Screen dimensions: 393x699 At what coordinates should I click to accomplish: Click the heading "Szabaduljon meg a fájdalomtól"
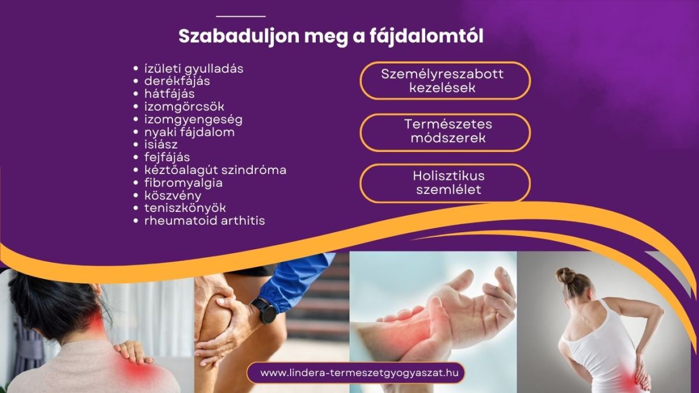tap(331, 36)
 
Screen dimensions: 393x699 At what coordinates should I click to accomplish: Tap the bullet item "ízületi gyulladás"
tap(193, 69)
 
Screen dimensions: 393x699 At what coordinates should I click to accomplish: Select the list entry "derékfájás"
tap(177, 82)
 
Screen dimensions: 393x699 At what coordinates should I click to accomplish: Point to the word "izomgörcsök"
tap(184, 107)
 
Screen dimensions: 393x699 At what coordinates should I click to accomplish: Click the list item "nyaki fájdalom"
tap(189, 132)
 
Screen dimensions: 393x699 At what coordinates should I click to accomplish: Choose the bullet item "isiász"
tap(161, 144)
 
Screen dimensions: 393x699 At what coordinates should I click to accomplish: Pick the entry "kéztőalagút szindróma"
tap(215, 170)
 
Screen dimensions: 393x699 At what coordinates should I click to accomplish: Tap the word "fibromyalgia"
tap(183, 183)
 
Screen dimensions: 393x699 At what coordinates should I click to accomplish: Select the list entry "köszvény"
tap(172, 196)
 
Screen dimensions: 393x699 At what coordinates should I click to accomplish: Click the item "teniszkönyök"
tap(185, 208)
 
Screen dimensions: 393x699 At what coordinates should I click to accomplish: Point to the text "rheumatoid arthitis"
tap(204, 221)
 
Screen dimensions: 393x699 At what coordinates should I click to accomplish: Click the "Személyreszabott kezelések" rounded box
tap(445, 81)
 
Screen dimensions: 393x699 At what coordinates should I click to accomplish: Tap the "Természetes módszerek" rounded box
tap(445, 132)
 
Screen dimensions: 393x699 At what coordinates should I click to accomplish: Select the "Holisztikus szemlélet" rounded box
tap(445, 183)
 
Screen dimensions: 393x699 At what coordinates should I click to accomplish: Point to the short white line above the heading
tap(241, 16)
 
